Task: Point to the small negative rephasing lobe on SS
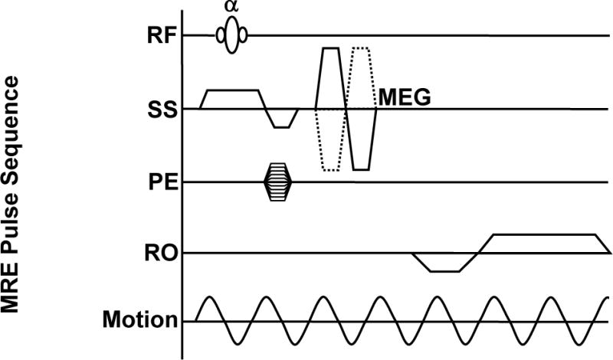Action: point(281,119)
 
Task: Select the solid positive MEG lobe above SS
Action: point(331,77)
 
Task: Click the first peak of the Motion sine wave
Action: point(208,297)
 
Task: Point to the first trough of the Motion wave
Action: point(237,346)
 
